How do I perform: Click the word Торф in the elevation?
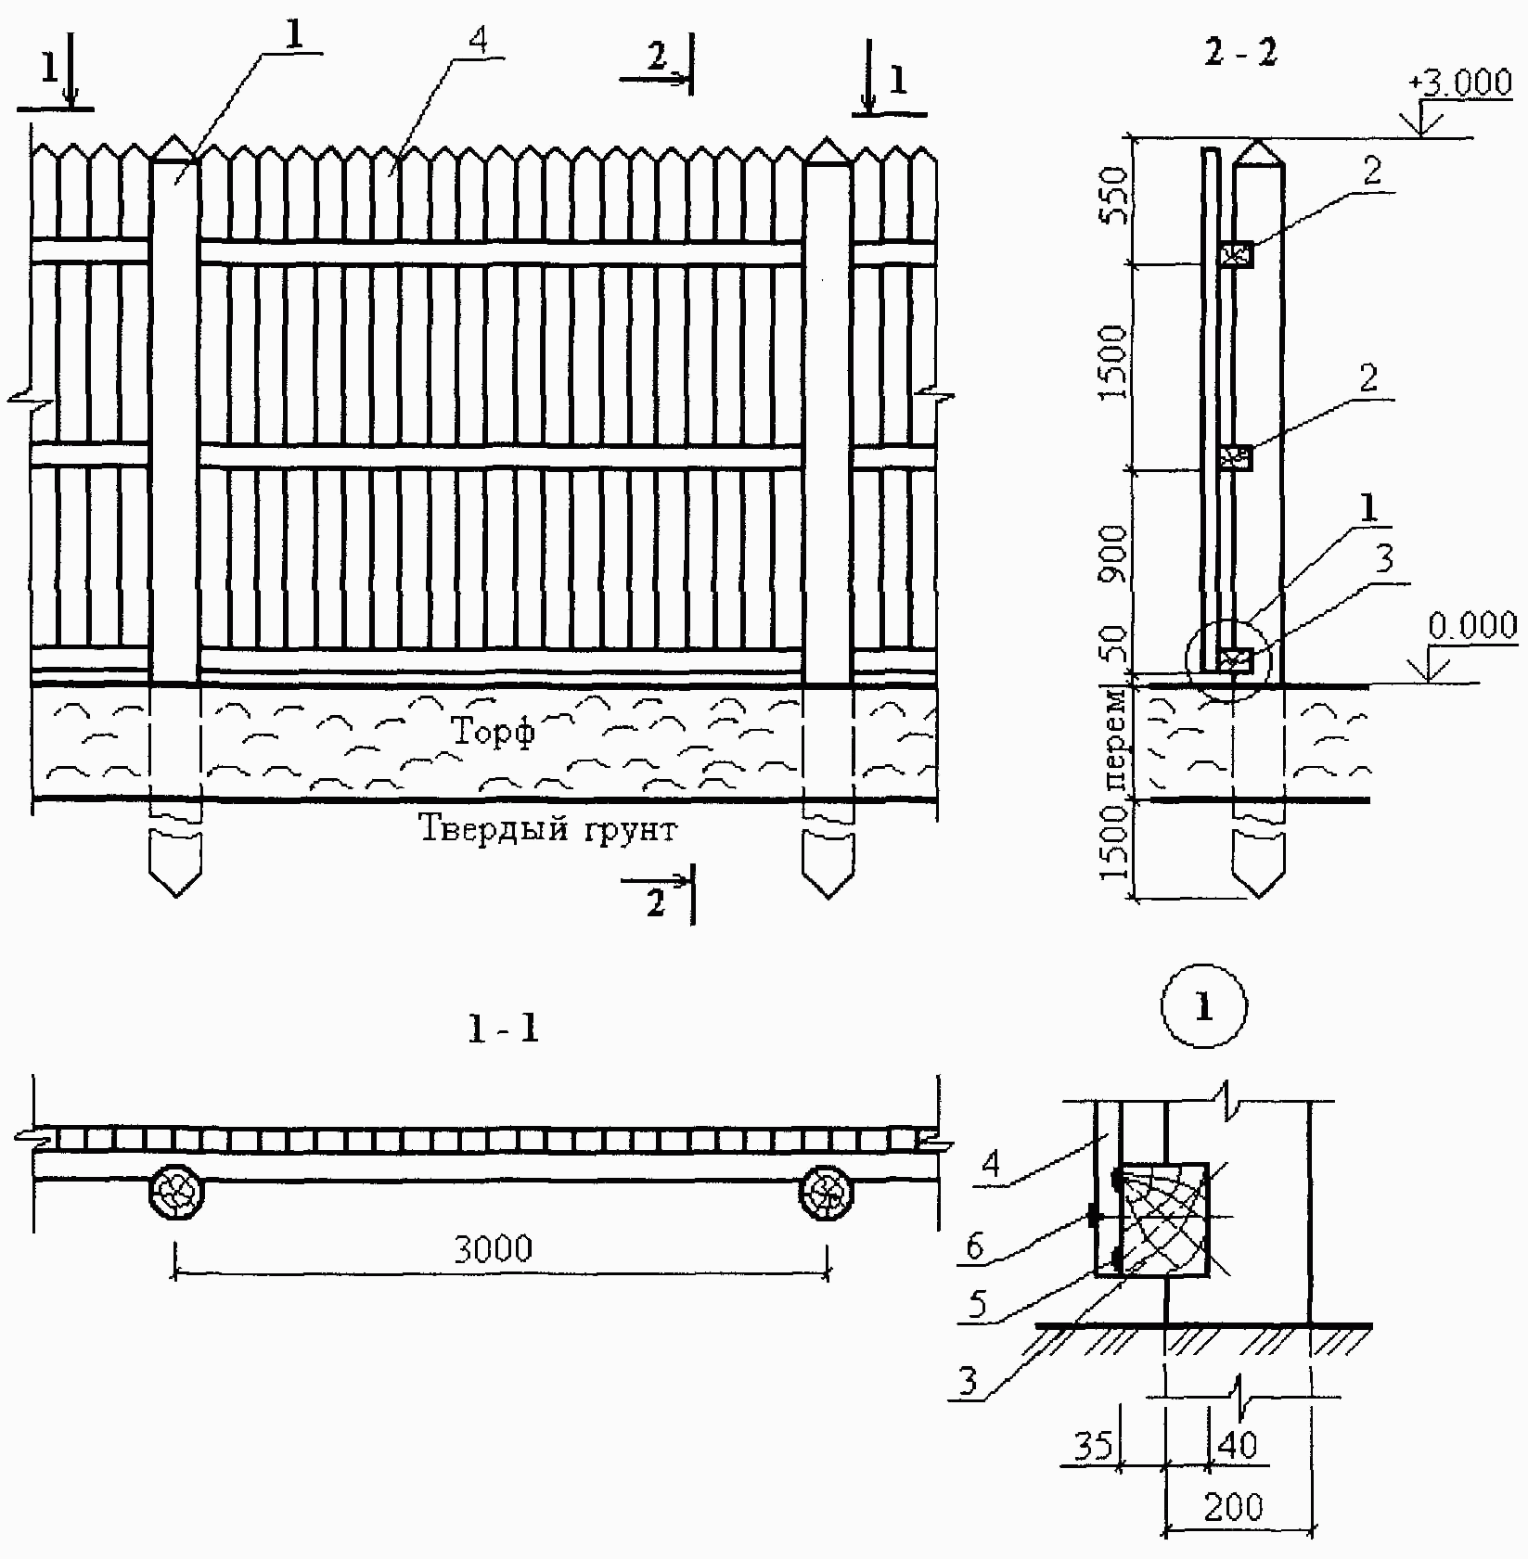pyautogui.click(x=494, y=731)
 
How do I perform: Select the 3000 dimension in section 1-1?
pyautogui.click(x=494, y=1248)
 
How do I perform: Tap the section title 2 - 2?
pyautogui.click(x=1240, y=53)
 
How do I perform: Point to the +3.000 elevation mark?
pyautogui.click(x=1460, y=83)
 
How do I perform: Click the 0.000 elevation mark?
pyautogui.click(x=1471, y=626)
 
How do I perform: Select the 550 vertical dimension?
pyautogui.click(x=1111, y=196)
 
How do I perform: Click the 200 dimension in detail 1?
pyautogui.click(x=1234, y=1506)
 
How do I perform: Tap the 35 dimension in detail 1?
pyautogui.click(x=1093, y=1445)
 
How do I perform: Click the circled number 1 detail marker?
pyautogui.click(x=1203, y=1008)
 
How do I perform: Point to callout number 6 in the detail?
pyautogui.click(x=974, y=1246)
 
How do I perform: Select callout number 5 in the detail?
pyautogui.click(x=977, y=1305)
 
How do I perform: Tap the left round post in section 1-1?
pyautogui.click(x=176, y=1191)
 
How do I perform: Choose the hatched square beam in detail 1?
pyautogui.click(x=1163, y=1219)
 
